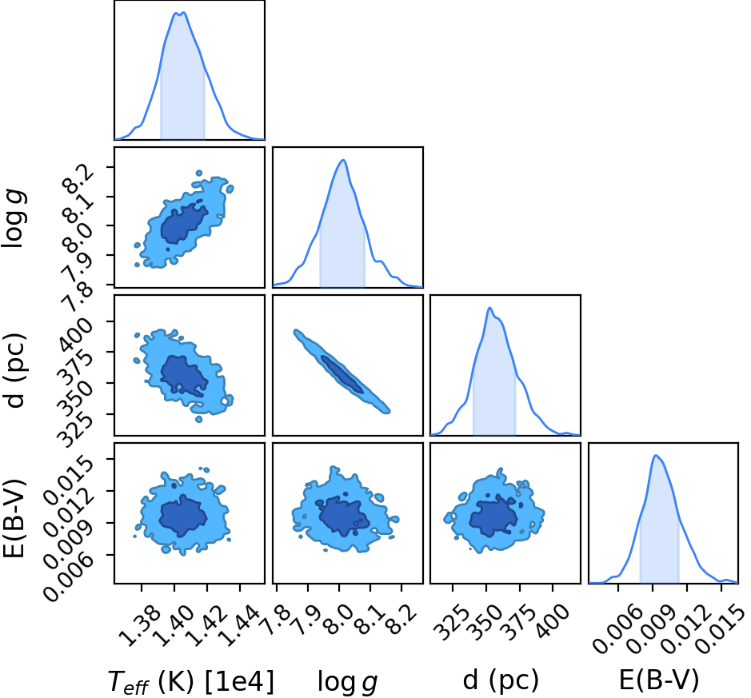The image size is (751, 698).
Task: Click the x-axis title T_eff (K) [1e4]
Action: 190,681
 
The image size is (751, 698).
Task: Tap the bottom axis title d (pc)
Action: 501,680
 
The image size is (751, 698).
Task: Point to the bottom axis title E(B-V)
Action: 658,680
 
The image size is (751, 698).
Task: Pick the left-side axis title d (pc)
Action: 15,369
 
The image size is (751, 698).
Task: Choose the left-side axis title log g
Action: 14,217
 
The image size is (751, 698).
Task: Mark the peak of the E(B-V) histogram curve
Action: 656,455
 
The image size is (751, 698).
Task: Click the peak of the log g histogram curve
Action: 343,160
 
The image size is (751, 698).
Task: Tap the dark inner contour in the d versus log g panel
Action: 342,375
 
